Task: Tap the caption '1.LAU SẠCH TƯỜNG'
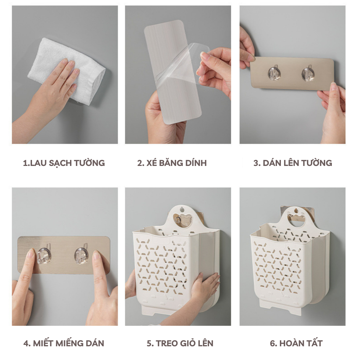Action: coord(64,163)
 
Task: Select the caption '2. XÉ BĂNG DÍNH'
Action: coord(172,163)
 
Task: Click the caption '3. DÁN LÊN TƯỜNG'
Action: coord(293,163)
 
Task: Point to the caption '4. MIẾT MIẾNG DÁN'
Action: coord(64,343)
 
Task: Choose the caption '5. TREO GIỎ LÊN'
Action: coord(180,343)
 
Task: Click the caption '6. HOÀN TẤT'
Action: coord(296,343)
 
